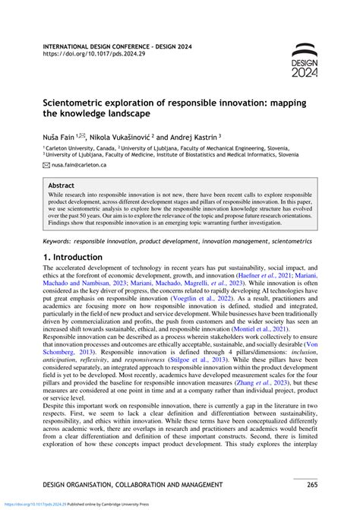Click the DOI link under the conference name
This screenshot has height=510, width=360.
90,55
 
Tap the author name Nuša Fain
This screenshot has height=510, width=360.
62,131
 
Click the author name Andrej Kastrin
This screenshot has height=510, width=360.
189,131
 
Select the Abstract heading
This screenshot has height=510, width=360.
62,185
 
